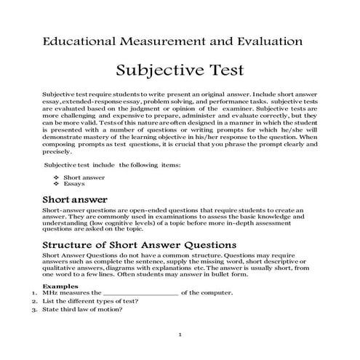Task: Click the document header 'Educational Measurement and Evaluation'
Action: [172, 42]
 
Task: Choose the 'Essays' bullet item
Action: [74, 184]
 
